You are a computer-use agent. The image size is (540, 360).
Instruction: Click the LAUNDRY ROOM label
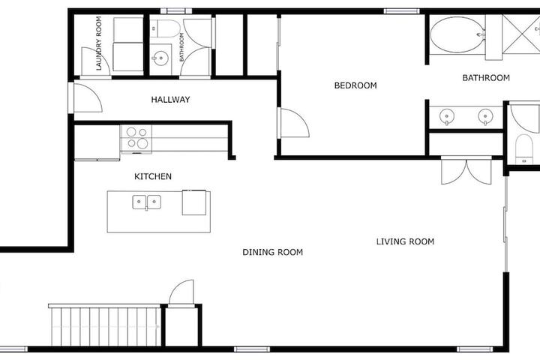coord(99,43)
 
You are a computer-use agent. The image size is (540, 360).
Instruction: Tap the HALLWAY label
coord(170,100)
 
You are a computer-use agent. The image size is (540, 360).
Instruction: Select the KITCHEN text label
coord(153,176)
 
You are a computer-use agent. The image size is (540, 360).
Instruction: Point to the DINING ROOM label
coord(273,252)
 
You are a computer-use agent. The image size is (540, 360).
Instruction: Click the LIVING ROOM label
coord(405,241)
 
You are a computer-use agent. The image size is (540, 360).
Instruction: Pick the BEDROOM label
coord(355,85)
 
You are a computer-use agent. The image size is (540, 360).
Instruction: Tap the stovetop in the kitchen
coord(136,139)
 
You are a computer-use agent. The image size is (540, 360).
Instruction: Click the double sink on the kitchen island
coord(147,202)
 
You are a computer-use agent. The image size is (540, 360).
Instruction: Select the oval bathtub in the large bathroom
coord(457,35)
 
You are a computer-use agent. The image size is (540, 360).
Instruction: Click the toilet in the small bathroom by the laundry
coord(165,28)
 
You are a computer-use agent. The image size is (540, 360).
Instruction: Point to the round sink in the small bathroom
coord(160,58)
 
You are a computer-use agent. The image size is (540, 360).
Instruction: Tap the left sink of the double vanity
coord(447,116)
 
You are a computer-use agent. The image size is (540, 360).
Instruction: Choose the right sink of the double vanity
coord(485,116)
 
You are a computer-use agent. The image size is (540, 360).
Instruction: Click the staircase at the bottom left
coord(105,325)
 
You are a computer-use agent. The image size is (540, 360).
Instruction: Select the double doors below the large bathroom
coord(466,170)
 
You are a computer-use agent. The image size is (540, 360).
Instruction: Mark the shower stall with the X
coord(520,34)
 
